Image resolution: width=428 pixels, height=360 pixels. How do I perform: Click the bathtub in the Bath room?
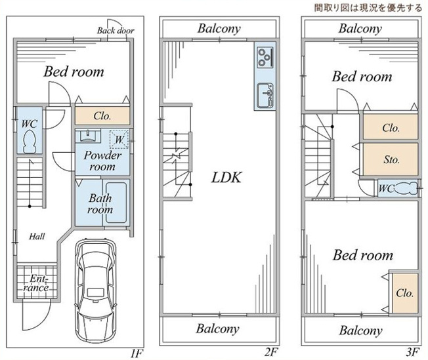coord(118,202)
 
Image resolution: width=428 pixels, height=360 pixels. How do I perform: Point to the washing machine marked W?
coord(119,138)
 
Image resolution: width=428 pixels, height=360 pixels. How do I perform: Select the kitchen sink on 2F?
coord(265,96)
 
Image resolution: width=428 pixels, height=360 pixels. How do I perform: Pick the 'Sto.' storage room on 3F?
coord(391,159)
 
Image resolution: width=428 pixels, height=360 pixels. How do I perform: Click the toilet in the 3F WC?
coord(408,188)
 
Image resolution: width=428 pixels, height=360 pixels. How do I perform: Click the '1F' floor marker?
coord(136,353)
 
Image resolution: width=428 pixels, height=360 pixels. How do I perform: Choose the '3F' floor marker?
coord(412,353)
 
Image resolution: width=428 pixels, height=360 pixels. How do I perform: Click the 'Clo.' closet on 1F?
coord(101,116)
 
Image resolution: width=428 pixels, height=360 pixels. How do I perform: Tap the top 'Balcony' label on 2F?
coord(218,29)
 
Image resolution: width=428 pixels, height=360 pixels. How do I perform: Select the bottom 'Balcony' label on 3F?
coord(361,330)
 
